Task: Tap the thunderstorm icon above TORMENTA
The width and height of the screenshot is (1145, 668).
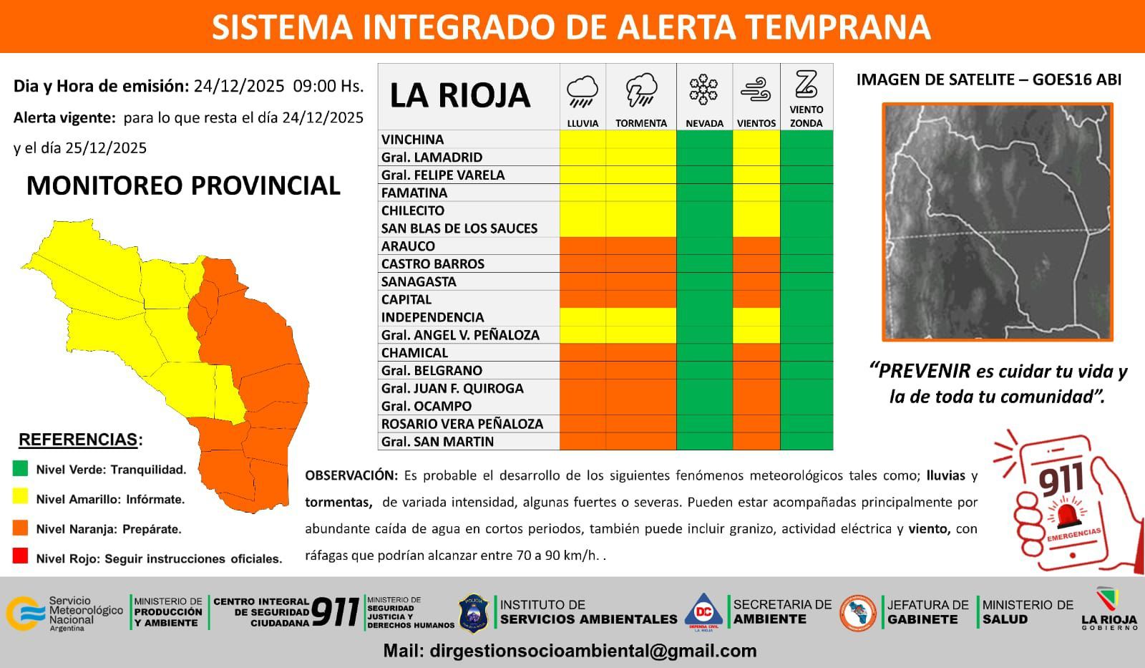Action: [641, 90]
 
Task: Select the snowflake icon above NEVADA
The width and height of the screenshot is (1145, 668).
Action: [703, 90]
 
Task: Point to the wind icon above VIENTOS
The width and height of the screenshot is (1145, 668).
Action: [756, 89]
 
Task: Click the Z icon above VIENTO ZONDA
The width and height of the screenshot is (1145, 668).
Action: [806, 84]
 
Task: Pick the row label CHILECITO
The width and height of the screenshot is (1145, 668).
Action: [412, 210]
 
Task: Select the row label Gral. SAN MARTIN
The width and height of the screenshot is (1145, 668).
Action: [437, 442]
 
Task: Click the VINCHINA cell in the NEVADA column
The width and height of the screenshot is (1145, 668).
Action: [704, 139]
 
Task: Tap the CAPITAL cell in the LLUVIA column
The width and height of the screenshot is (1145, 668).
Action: [583, 299]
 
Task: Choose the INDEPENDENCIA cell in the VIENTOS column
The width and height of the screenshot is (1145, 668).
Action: [756, 317]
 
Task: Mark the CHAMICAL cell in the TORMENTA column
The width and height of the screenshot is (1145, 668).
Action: [641, 352]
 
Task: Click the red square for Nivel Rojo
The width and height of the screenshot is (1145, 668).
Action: [21, 556]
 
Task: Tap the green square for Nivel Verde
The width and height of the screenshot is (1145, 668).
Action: [21, 468]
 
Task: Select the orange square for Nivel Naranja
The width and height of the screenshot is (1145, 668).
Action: [21, 528]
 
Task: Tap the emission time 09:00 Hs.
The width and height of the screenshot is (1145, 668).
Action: [328, 86]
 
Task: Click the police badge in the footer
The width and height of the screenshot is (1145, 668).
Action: [474, 614]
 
